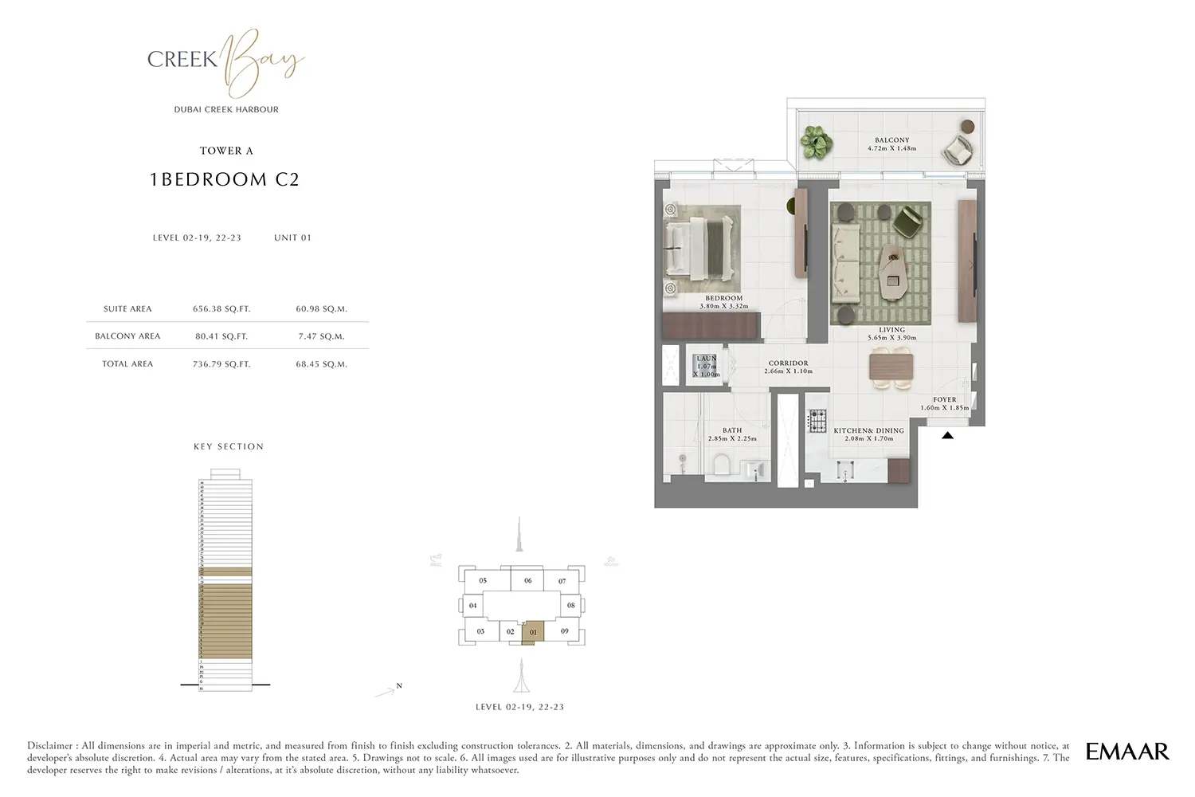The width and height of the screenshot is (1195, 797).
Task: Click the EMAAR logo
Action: point(1127,751)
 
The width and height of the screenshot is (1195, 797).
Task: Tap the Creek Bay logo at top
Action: point(225,61)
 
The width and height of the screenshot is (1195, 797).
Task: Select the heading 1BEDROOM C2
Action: point(225,180)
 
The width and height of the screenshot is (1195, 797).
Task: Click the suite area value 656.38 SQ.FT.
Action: point(221,309)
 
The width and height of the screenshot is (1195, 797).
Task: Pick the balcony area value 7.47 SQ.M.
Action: point(321,336)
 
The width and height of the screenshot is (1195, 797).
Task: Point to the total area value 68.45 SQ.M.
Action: point(321,364)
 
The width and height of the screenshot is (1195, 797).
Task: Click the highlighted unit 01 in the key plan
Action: point(533,632)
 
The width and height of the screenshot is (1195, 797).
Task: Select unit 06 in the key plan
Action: point(527,581)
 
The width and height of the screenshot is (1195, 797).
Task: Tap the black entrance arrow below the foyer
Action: point(947,435)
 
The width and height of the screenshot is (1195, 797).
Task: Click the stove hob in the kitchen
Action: point(818,421)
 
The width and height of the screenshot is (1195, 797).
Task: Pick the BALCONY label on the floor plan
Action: point(891,140)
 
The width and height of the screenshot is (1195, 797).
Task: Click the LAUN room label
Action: point(706,359)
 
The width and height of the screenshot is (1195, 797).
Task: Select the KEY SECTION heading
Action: point(229,447)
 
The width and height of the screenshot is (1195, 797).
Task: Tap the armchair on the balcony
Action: point(956,149)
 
